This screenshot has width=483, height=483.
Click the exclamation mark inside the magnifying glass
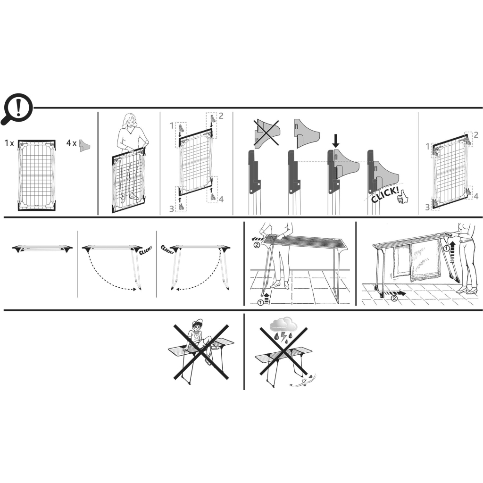point(18,107)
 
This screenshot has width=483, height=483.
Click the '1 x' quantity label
point(9,143)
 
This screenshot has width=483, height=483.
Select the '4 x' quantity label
point(71,143)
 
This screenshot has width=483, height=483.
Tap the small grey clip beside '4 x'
point(84,145)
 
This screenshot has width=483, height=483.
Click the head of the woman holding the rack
point(130,121)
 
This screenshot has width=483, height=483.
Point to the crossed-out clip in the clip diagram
point(267,133)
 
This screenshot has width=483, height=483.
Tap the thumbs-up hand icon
point(403,197)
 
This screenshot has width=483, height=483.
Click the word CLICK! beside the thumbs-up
point(385,195)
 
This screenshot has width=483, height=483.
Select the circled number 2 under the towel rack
point(394,298)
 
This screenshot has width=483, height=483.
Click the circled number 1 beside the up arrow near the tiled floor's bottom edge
point(260,302)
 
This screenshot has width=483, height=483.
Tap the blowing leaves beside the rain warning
point(304,380)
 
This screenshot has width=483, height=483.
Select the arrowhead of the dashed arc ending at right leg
point(134,289)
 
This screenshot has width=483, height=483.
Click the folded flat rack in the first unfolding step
point(42,248)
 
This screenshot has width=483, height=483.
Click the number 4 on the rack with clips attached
point(476,196)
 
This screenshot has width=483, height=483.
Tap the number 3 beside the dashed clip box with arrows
point(172,208)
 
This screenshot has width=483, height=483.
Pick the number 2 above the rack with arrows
point(221,116)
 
